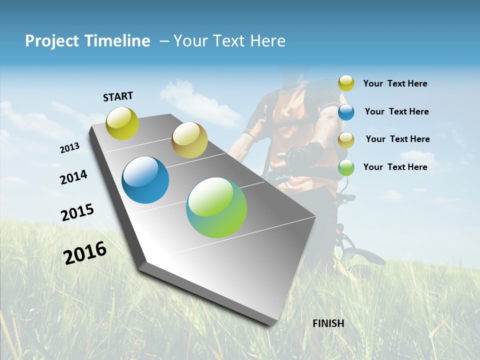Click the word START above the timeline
click(x=118, y=96)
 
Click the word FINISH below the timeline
click(x=328, y=323)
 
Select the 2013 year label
click(x=69, y=148)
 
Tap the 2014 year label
click(x=73, y=177)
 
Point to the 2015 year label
click(x=77, y=212)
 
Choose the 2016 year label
click(x=85, y=253)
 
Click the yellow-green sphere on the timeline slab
click(x=122, y=123)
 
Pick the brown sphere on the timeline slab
click(x=189, y=140)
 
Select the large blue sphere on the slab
click(x=145, y=180)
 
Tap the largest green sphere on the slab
click(x=216, y=207)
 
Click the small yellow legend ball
click(x=346, y=83)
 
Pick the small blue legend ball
click(x=346, y=112)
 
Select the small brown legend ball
click(x=346, y=140)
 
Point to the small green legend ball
click(x=346, y=167)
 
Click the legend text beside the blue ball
click(x=396, y=111)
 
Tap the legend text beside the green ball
click(x=395, y=167)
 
